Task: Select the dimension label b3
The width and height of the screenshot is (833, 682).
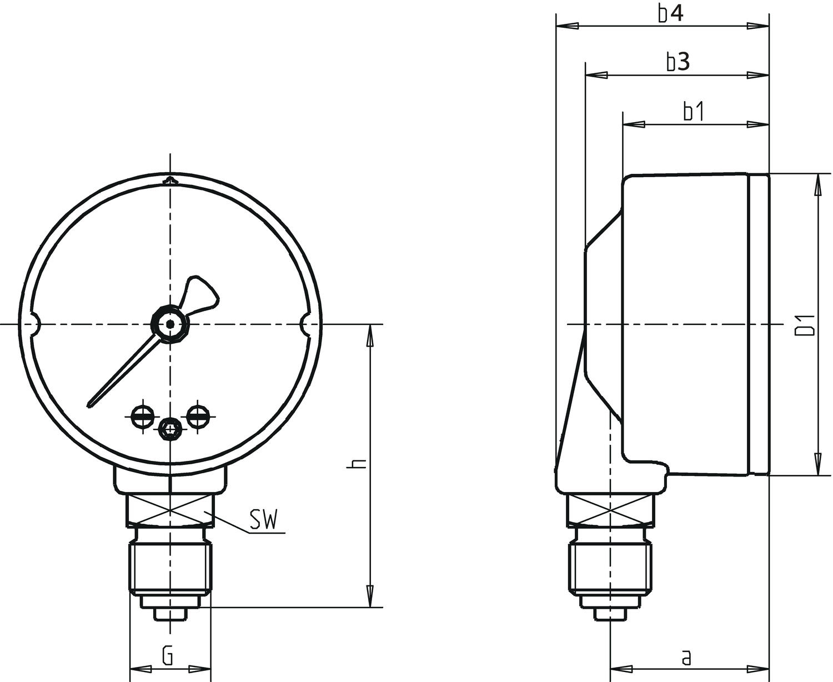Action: click(678, 62)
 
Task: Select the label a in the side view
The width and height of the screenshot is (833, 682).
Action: click(687, 658)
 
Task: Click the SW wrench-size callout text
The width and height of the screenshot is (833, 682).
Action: click(263, 520)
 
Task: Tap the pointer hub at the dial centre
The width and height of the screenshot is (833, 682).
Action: click(171, 324)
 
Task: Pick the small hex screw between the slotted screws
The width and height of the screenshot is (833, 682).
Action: click(170, 428)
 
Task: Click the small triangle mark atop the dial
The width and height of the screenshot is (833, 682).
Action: click(171, 180)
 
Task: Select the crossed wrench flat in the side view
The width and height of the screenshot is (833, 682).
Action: click(610, 510)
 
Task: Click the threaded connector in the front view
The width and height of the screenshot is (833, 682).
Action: click(170, 568)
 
